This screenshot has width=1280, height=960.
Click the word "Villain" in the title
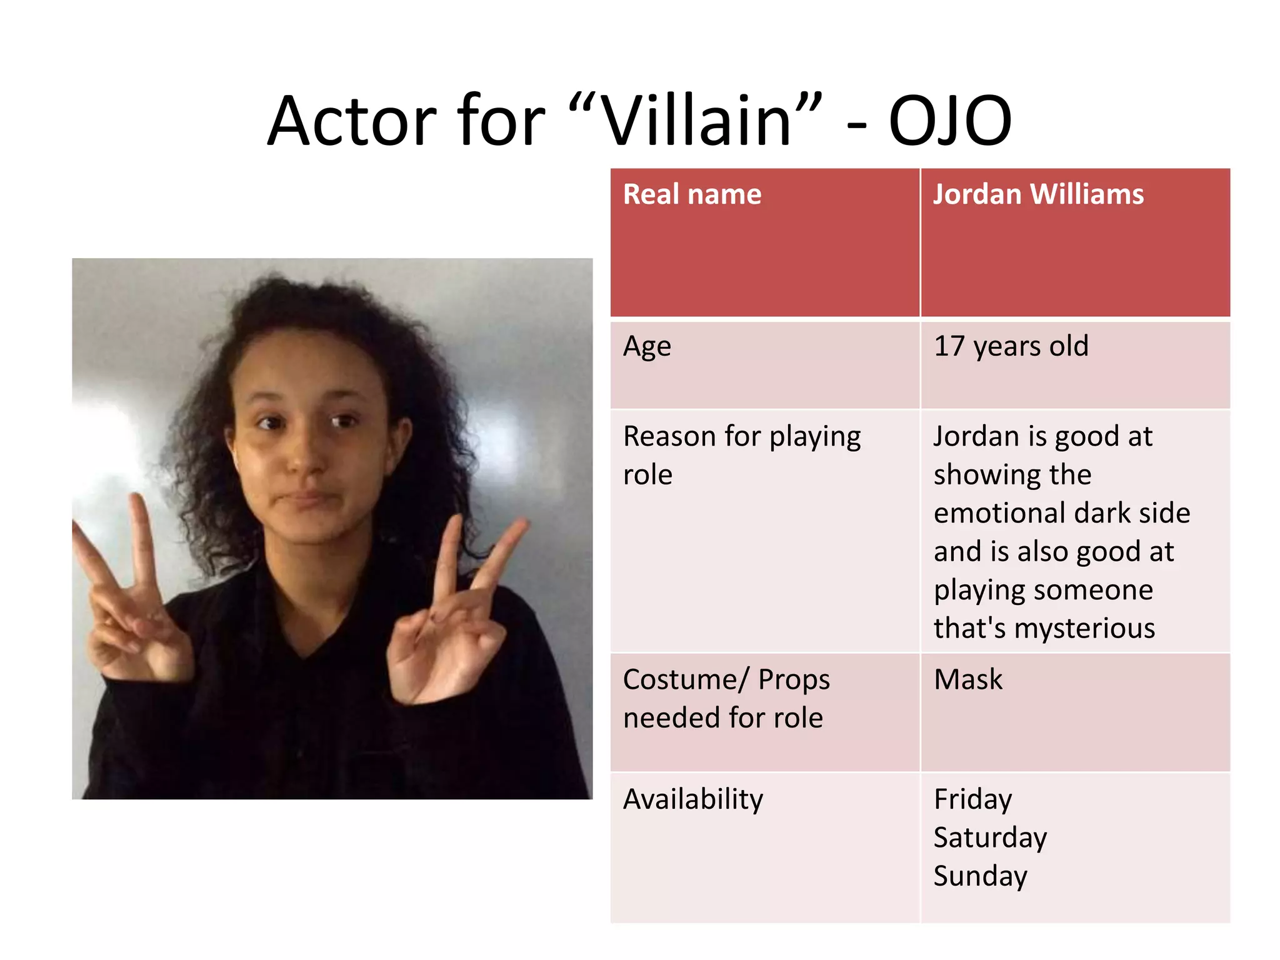click(x=696, y=121)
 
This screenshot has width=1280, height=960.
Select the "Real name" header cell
click(x=692, y=194)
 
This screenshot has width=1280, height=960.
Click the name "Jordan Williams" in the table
click(x=1038, y=194)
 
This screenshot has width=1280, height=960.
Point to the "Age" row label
click(x=647, y=346)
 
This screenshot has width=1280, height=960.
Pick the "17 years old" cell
click(x=1011, y=346)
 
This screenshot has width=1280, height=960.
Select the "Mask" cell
click(x=967, y=679)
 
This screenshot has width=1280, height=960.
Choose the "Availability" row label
click(x=693, y=799)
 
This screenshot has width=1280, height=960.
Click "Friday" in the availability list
click(x=972, y=799)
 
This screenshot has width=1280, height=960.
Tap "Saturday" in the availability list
click(x=990, y=837)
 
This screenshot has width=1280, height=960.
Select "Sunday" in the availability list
click(x=980, y=876)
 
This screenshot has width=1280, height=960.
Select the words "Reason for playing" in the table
click(x=742, y=437)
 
